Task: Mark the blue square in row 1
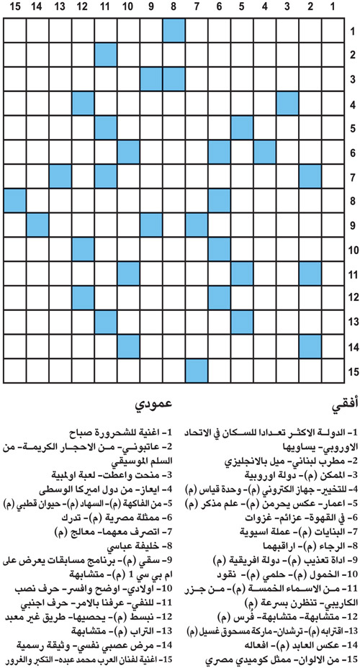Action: (174, 31)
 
